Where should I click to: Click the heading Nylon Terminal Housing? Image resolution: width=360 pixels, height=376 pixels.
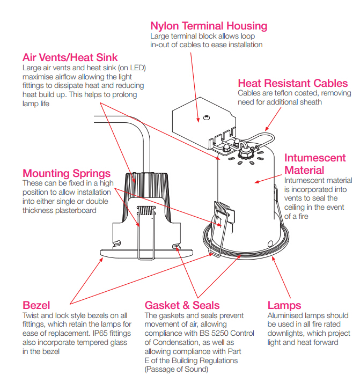tap(209, 26)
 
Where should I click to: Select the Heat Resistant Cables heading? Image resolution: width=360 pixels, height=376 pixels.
tap(293, 83)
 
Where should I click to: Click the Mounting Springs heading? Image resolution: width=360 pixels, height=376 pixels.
tap(67, 173)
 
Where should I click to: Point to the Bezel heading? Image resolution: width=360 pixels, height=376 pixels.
tap(36, 306)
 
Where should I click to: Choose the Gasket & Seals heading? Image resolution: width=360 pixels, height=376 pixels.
tap(182, 306)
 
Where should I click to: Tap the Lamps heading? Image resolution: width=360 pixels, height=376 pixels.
tap(284, 306)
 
